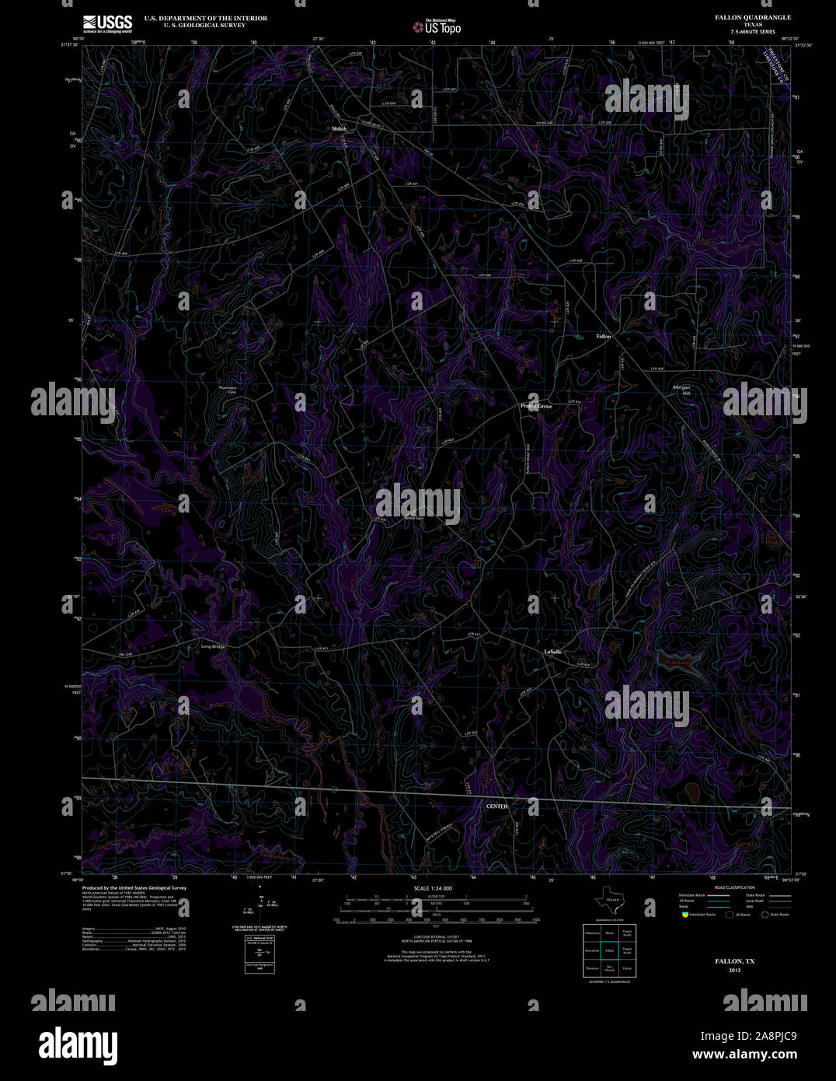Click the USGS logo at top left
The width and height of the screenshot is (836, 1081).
coord(107,23)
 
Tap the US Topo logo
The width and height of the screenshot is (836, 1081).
coord(437,26)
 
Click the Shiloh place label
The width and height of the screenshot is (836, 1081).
coord(339,128)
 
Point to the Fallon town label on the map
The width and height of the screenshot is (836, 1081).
coord(603,337)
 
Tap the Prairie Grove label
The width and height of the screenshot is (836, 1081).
coord(536,406)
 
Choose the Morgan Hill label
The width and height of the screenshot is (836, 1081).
coord(681,390)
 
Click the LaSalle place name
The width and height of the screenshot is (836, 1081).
coord(552,651)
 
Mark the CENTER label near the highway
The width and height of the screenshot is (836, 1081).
coord(496,806)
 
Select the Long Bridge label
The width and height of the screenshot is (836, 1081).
coord(213,646)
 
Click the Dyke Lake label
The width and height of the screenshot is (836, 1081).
coord(677,662)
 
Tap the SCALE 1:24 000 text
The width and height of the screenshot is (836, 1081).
coord(434,888)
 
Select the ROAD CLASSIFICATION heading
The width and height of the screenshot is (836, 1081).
coord(734,887)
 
